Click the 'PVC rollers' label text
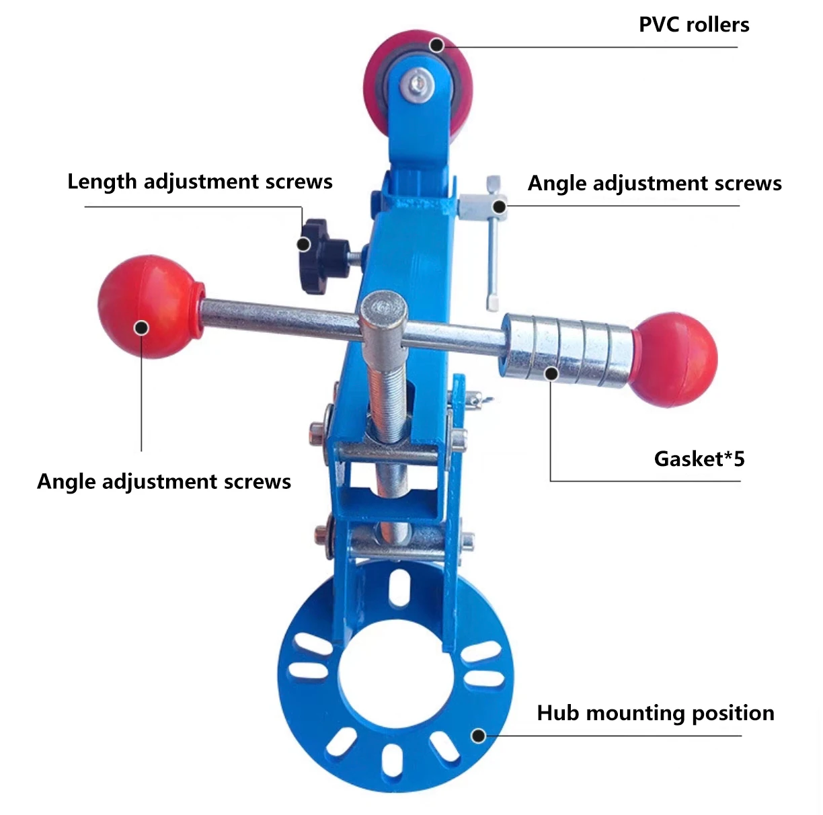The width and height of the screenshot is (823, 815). [x=693, y=25]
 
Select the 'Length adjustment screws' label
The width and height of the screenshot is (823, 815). [x=200, y=182]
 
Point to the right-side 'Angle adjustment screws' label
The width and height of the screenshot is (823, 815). [x=654, y=183]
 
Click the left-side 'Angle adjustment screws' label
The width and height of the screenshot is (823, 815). [x=164, y=481]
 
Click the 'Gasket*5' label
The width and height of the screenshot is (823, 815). [x=699, y=459]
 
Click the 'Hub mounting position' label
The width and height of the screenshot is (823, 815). [x=655, y=713]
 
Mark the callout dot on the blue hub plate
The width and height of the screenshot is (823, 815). [x=479, y=735]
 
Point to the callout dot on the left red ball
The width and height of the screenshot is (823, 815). [x=141, y=327]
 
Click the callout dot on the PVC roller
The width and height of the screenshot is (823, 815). [x=436, y=46]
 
